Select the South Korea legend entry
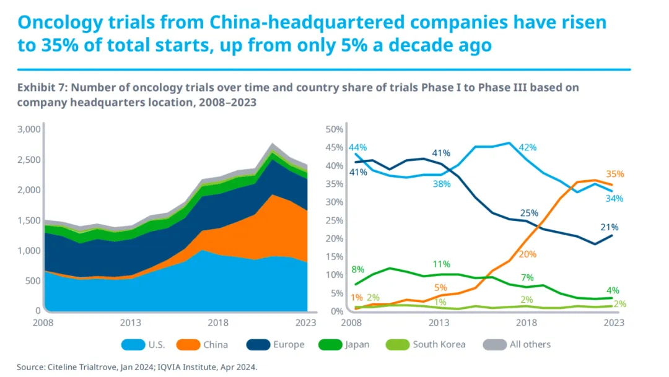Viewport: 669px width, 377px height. [439, 344]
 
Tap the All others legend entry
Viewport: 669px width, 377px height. [530, 344]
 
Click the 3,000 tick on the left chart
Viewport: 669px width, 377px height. [28, 129]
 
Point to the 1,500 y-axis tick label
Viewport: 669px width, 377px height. [28, 220]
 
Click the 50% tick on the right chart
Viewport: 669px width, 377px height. [334, 129]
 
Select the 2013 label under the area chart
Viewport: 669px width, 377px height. [131, 323]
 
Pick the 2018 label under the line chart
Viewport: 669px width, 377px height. [527, 323]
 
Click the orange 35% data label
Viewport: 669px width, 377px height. [615, 174]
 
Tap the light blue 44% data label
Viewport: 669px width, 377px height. [357, 147]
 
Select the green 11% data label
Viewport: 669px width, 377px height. [441, 264]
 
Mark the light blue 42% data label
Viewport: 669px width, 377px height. [528, 147]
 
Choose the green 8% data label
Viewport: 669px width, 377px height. [357, 269]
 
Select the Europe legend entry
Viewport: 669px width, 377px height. [289, 344]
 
